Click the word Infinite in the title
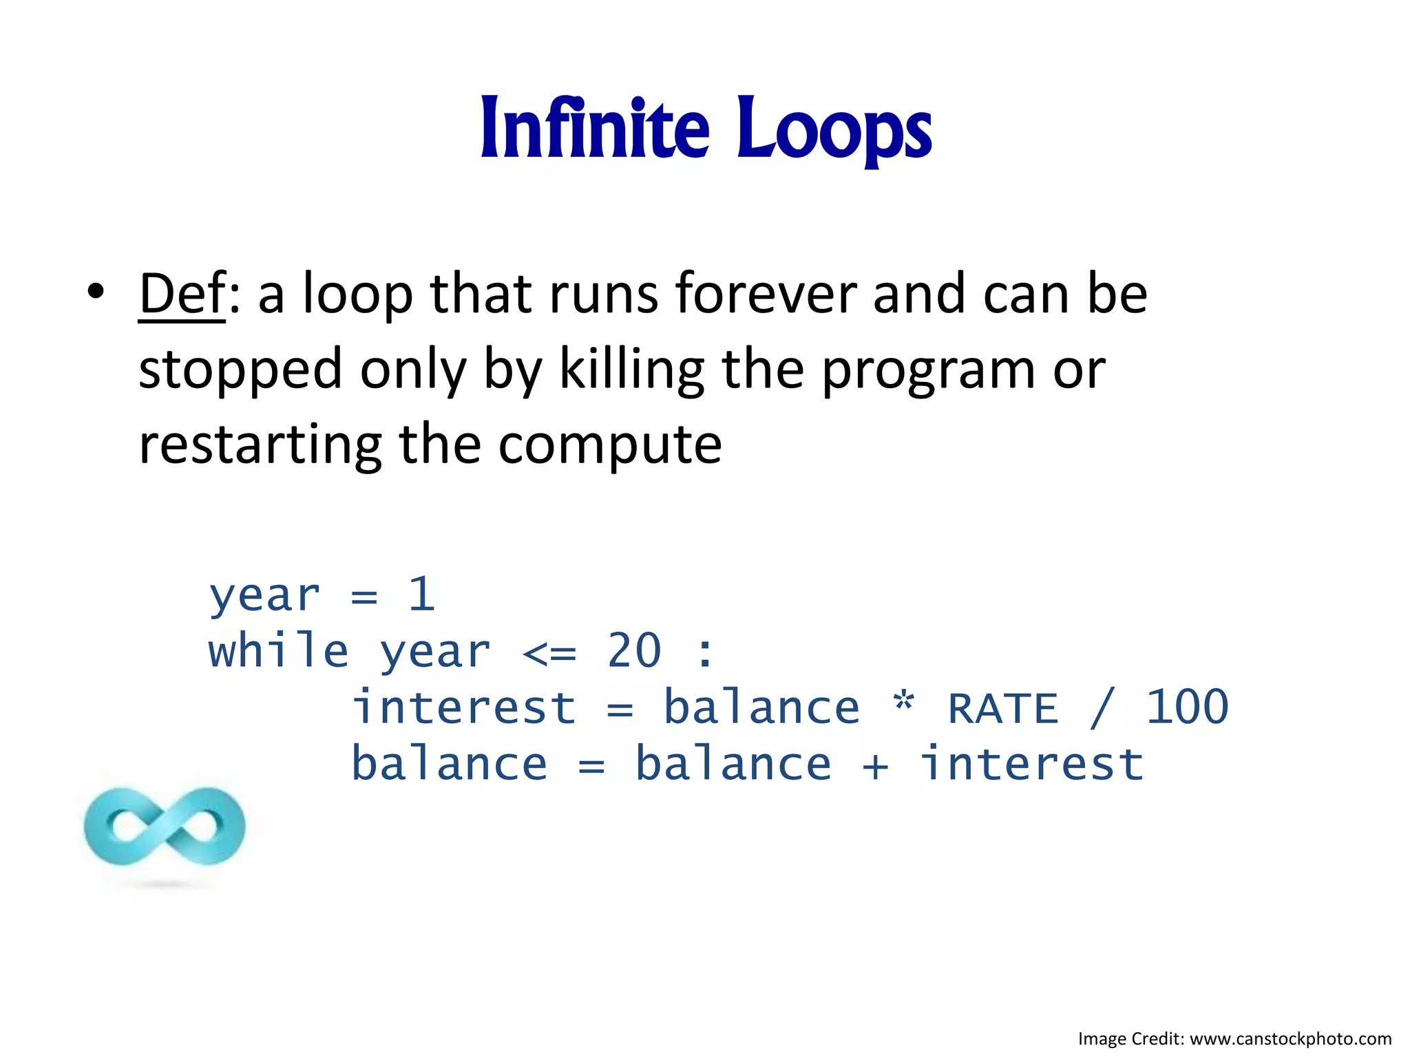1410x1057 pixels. [x=594, y=129]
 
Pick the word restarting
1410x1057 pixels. [x=260, y=445]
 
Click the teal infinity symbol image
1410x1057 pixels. [x=165, y=826]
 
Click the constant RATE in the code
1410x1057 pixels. [x=1002, y=708]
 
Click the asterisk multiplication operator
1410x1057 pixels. [x=903, y=703]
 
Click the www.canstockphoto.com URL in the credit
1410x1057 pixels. [x=1290, y=1038]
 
